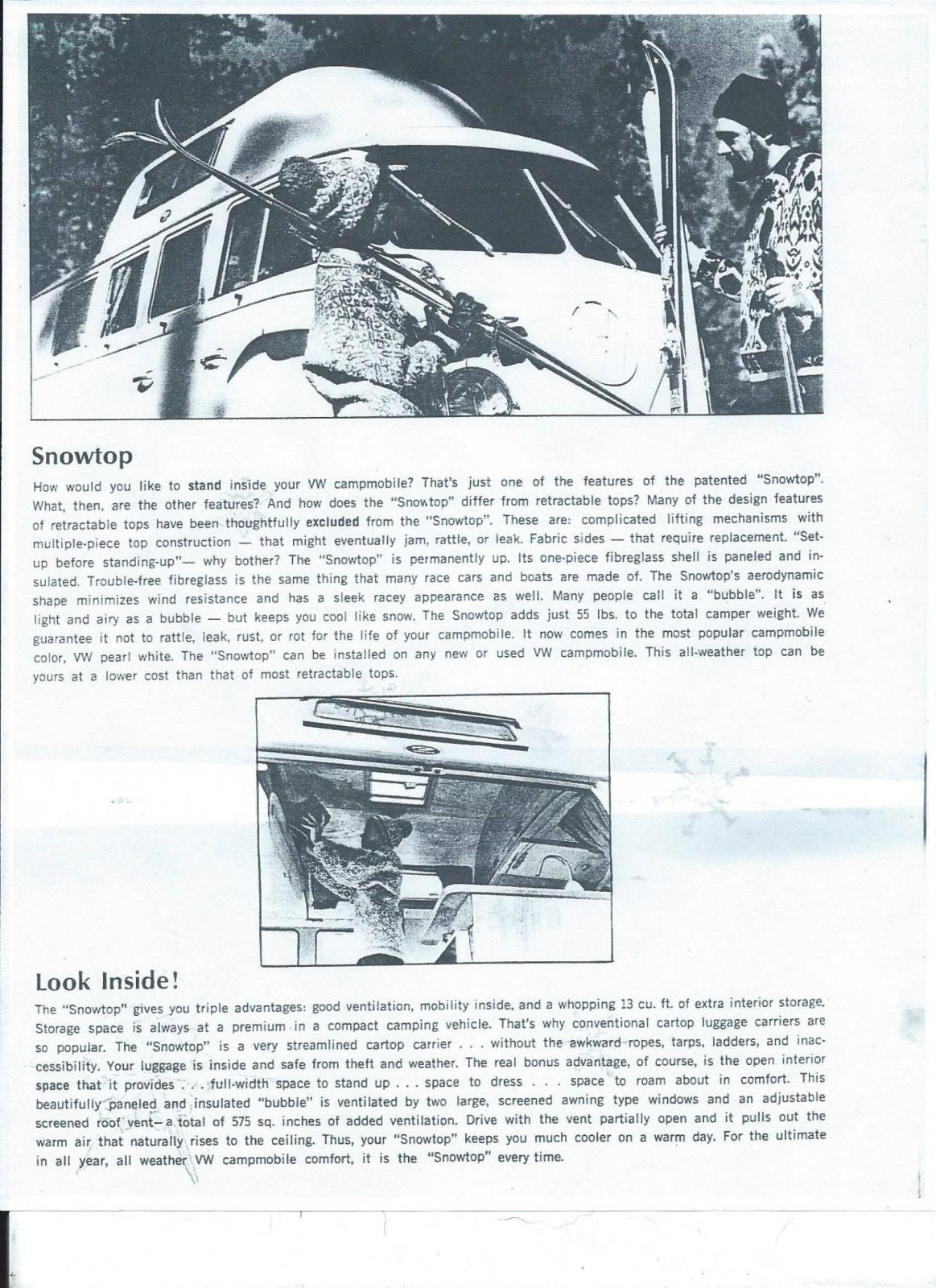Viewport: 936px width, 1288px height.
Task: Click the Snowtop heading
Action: click(x=82, y=456)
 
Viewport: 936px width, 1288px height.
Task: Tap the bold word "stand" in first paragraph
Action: click(x=205, y=485)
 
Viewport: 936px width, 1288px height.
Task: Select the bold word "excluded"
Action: click(x=332, y=521)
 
